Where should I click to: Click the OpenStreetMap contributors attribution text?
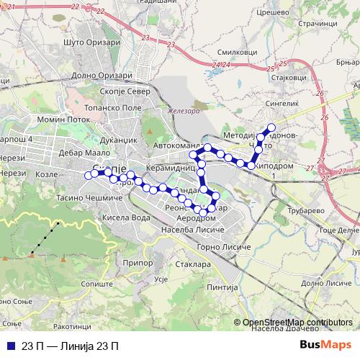tap(297, 322)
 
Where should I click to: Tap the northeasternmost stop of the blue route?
tap(271, 128)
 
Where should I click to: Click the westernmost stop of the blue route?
tap(88, 174)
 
